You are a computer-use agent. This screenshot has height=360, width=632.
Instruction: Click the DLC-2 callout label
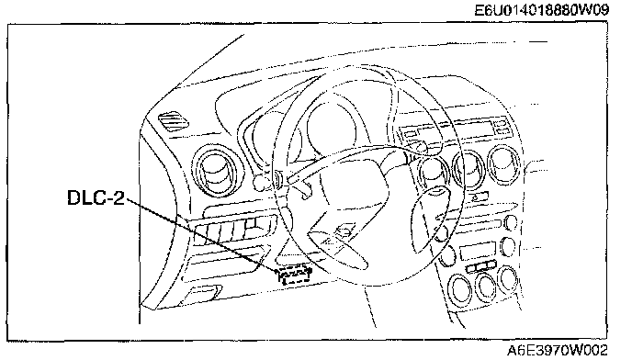[x=96, y=197]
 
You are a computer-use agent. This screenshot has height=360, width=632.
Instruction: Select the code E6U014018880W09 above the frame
[x=541, y=10]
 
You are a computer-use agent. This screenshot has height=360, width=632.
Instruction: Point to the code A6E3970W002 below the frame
[x=557, y=350]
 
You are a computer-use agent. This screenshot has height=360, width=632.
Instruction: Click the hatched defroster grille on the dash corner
[x=174, y=121]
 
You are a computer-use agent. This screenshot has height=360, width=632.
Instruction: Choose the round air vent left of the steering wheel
[x=218, y=171]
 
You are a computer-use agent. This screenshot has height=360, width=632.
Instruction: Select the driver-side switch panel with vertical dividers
[x=233, y=230]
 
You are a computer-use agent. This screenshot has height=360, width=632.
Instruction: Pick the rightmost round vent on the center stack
[x=503, y=166]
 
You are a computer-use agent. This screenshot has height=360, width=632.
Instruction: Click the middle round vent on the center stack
[x=469, y=169]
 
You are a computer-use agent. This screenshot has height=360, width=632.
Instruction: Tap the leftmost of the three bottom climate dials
[x=460, y=290]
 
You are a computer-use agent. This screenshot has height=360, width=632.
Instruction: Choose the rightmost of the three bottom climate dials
[x=509, y=279]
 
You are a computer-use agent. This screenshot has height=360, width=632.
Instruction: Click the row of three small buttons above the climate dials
[x=480, y=266]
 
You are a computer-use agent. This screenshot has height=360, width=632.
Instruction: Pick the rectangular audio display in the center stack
[x=478, y=251]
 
